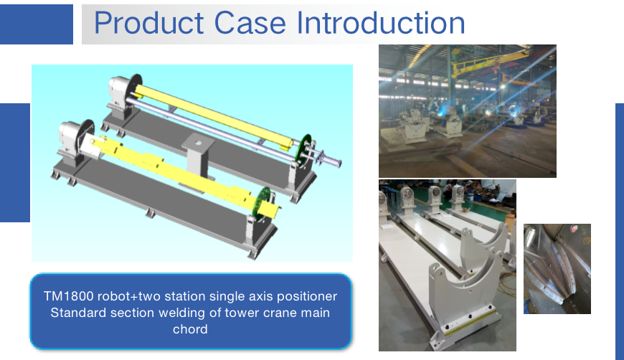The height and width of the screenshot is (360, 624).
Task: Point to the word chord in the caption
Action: (x=190, y=330)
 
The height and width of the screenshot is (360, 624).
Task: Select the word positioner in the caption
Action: (x=306, y=296)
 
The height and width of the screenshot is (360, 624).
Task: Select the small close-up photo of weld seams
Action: (x=557, y=269)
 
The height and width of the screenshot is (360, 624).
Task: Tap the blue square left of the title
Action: (x=37, y=24)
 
